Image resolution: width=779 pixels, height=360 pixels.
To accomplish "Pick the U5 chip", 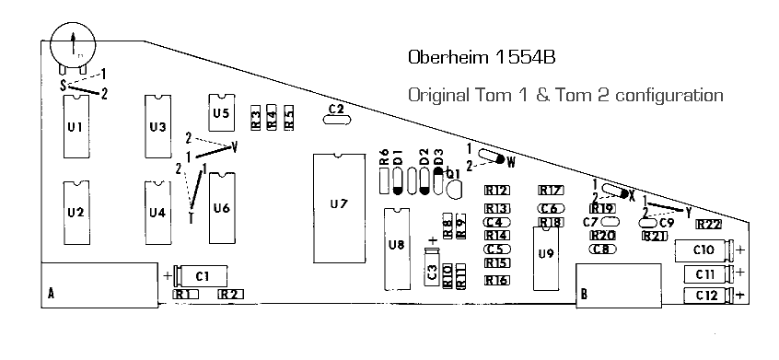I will pyautogui.click(x=221, y=113).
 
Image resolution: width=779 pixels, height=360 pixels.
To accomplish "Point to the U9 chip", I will pyautogui.click(x=547, y=254).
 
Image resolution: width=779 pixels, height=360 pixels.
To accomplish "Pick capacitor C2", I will pyautogui.click(x=337, y=110).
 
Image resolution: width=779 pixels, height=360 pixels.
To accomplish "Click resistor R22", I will pyautogui.click(x=708, y=224).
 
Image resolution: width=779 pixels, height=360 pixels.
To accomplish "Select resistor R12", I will pyautogui.click(x=497, y=191).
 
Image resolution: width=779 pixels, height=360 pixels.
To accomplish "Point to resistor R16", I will pyautogui.click(x=497, y=280).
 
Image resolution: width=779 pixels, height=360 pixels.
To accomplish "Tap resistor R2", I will pyautogui.click(x=230, y=295).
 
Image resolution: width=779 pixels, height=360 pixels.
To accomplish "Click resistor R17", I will pyautogui.click(x=551, y=191).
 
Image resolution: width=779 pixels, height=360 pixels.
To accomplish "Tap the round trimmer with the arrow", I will pyautogui.click(x=73, y=43).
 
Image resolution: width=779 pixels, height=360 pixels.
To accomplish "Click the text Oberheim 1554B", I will pyautogui.click(x=482, y=57).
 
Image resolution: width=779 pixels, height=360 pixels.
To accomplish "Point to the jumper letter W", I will pyautogui.click(x=512, y=159).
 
